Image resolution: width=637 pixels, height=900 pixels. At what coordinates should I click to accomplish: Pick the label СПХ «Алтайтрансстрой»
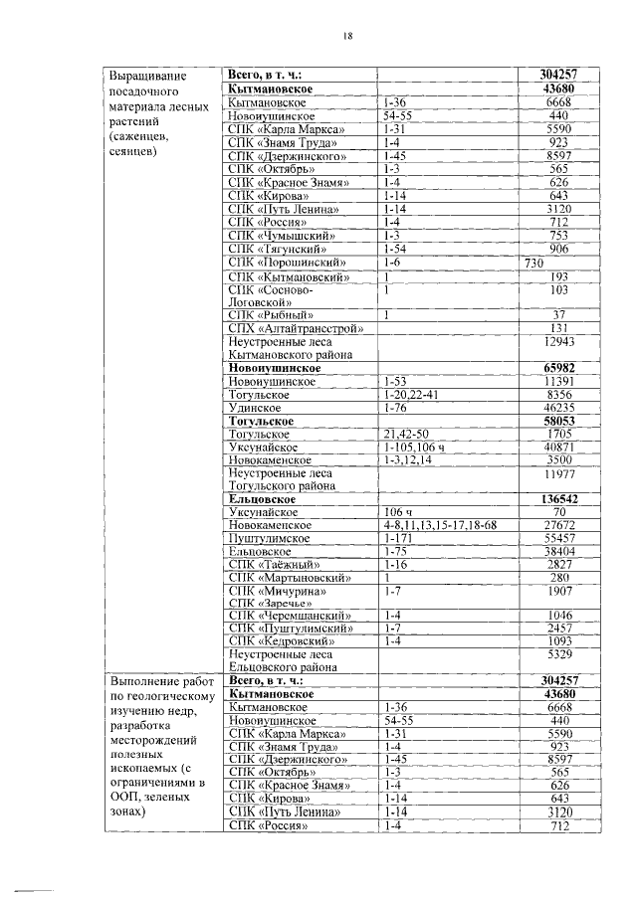tap(296, 328)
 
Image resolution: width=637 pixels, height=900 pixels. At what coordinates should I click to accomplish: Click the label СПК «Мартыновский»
tap(290, 577)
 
